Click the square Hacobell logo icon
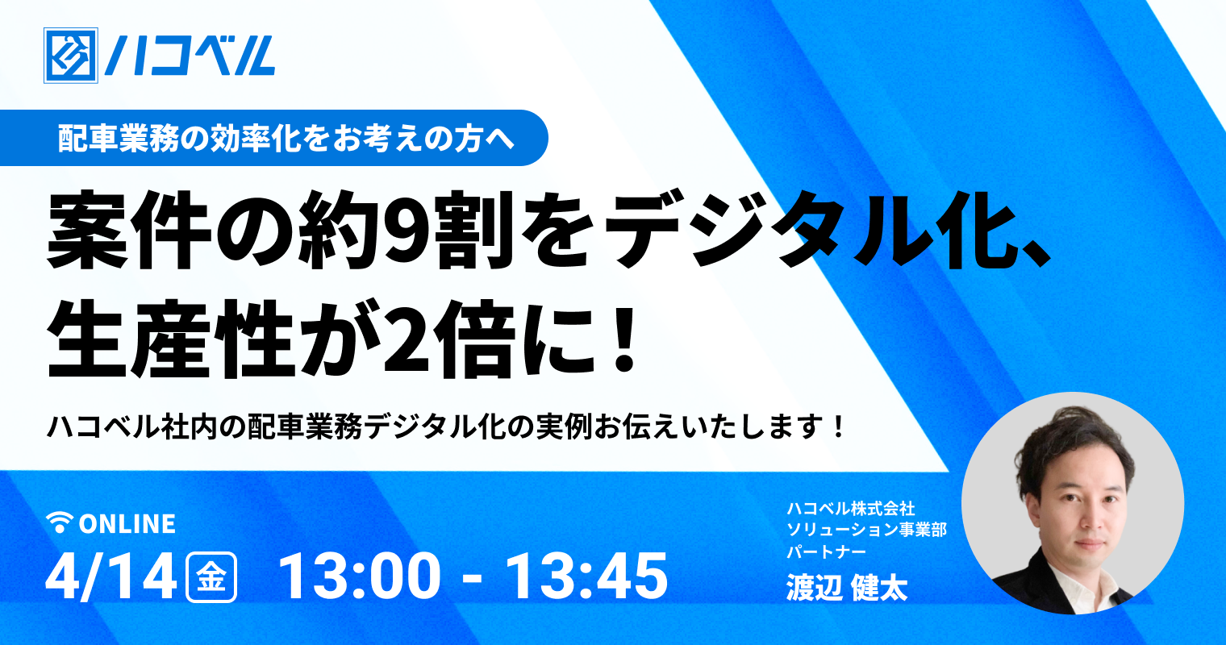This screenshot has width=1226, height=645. pos(71,56)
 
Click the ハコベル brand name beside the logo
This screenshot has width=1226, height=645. pos(190,56)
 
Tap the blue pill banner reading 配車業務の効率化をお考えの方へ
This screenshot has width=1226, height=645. pos(273,138)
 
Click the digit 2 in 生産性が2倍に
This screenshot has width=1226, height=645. pos(410,339)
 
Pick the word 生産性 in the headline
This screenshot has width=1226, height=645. pos(170,339)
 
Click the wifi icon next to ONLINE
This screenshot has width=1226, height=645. pos(60,522)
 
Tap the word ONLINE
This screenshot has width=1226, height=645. pos(127,523)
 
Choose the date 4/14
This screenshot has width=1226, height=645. pos(111,577)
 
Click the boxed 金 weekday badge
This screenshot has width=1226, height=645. pos(211,577)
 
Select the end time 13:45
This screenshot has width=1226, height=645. pos(586,577)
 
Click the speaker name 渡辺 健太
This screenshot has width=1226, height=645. pos(847,588)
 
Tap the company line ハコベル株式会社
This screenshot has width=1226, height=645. pos(850,509)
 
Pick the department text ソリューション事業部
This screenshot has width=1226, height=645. pos(867,530)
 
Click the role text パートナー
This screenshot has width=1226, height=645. pos(827,551)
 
